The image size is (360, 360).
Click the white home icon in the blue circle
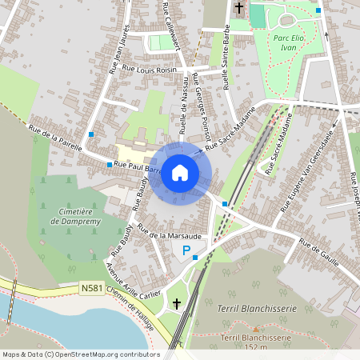pos(180,173)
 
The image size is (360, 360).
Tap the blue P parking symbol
pos(187,251)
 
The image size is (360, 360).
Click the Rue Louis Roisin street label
pos(147,70)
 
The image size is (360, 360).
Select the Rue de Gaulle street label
pos(320,253)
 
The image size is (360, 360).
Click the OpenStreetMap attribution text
pos(81,354)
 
